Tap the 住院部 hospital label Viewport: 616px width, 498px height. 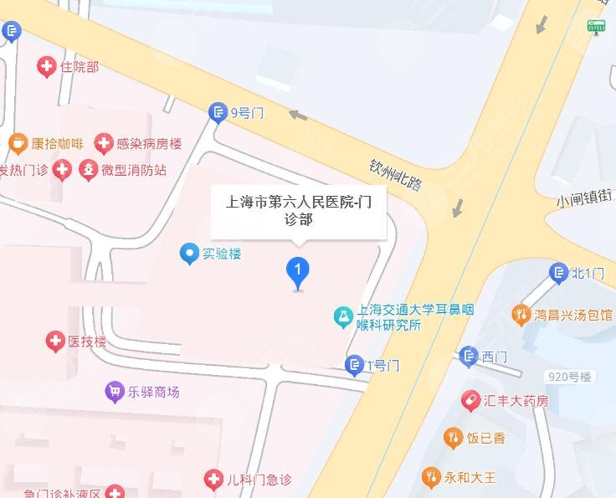click(80, 66)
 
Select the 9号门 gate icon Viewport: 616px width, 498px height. click(218, 113)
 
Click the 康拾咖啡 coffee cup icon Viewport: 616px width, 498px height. click(17, 144)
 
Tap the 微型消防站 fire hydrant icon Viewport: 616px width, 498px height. click(87, 171)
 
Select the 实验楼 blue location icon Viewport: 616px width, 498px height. click(191, 252)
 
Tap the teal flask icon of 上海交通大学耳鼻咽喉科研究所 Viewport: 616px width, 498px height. click(342, 316)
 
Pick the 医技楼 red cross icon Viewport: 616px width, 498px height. click(55, 341)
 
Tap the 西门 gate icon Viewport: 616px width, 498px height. click(469, 357)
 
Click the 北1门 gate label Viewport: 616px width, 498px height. click(588, 273)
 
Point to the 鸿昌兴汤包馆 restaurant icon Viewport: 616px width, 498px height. click(521, 315)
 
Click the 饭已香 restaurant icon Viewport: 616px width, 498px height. click(453, 438)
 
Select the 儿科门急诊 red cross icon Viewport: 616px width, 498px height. click(214, 480)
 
